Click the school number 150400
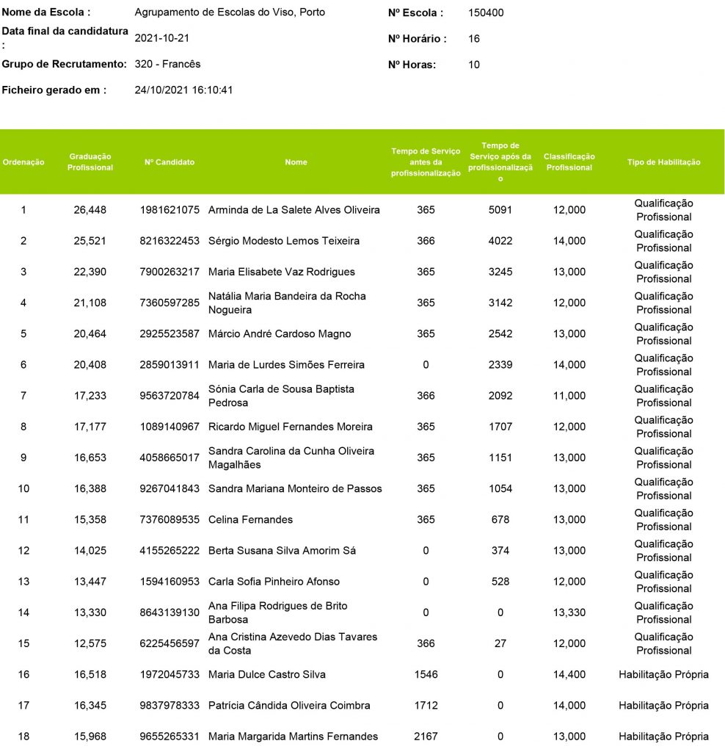[486, 12]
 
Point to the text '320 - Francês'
[167, 65]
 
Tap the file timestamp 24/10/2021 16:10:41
[183, 90]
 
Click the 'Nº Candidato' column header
[170, 162]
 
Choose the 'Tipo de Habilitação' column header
[663, 162]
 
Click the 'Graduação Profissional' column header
[90, 162]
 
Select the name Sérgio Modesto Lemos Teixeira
[284, 241]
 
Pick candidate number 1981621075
[170, 210]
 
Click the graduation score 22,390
[90, 272]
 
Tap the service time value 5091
[500, 210]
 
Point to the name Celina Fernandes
[250, 520]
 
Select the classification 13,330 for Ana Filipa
[569, 612]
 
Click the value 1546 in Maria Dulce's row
[426, 674]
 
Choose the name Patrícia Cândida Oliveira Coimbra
[289, 706]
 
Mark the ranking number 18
[23, 737]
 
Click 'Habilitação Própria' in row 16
[663, 674]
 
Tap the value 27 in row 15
[500, 643]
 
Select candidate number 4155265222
[170, 551]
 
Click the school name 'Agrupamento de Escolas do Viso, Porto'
[230, 12]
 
